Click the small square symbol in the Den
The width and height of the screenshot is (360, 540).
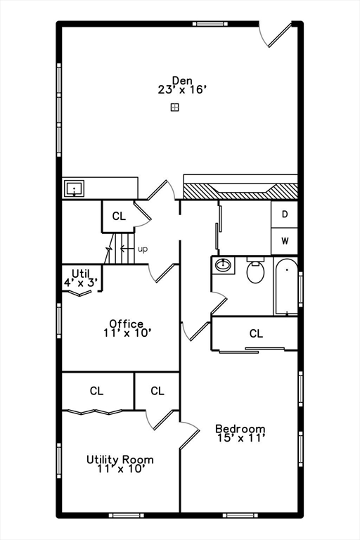point(174,107)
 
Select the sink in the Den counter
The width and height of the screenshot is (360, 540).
point(74,188)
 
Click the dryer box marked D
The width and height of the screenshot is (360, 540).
point(285,214)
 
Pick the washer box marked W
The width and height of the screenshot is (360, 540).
point(285,241)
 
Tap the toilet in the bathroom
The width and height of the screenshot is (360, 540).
point(256,271)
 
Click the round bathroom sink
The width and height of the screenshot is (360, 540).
point(224,266)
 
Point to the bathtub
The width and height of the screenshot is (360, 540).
point(285,286)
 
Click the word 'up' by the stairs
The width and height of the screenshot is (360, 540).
point(143,249)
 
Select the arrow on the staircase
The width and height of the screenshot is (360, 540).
point(125,248)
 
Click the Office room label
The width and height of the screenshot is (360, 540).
point(127,324)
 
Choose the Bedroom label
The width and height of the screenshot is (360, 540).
point(240,429)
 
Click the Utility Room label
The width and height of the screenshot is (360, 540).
point(120,460)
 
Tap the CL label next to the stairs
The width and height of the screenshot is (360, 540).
point(118,217)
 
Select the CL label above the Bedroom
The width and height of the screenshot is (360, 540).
point(256,333)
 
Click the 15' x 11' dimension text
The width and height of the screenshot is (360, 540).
point(240,439)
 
